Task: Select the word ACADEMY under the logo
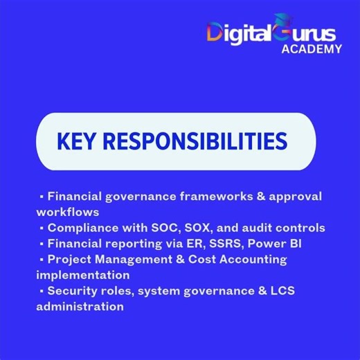(x=312, y=48)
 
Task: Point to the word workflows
(x=69, y=211)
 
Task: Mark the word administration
(x=80, y=307)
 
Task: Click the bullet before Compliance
(x=42, y=228)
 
